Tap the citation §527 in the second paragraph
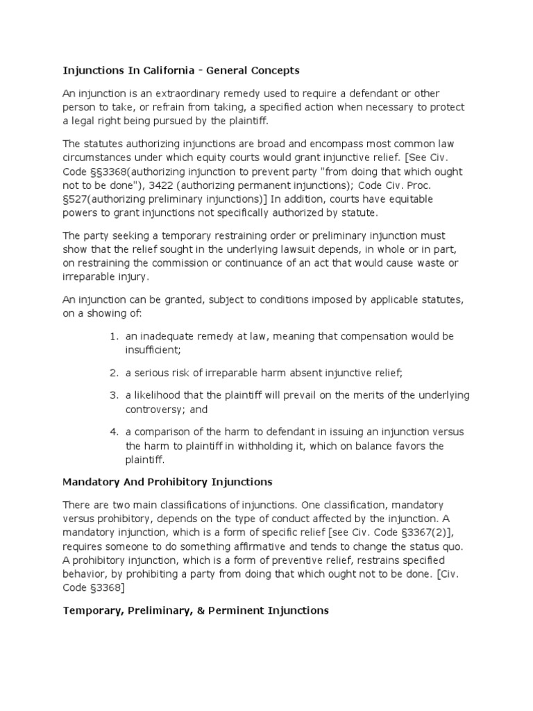[76, 199]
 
